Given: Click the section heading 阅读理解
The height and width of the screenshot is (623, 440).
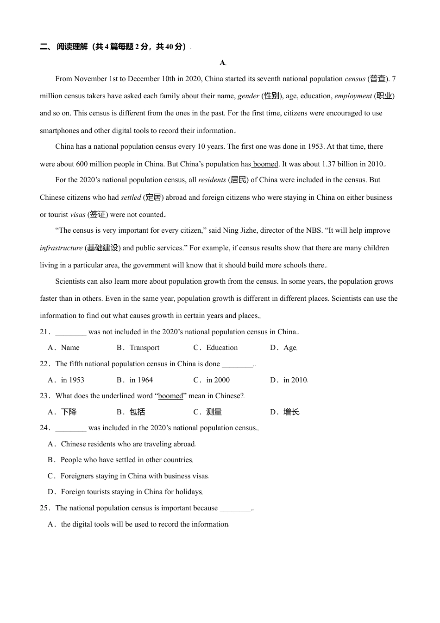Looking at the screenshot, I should pyautogui.click(x=72, y=46).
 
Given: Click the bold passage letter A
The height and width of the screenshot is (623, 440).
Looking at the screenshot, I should pyautogui.click(x=222, y=63).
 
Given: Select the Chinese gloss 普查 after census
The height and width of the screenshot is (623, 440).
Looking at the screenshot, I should pyautogui.click(x=377, y=79).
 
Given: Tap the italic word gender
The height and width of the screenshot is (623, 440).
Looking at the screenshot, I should pyautogui.click(x=248, y=96).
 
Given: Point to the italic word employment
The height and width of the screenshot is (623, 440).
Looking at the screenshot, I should pyautogui.click(x=353, y=96).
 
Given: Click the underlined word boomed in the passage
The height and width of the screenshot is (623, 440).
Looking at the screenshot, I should pyautogui.click(x=266, y=164).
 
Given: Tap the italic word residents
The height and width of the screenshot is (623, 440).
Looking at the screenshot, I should pyautogui.click(x=212, y=180).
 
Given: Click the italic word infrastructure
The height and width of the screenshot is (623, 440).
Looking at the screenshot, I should pyautogui.click(x=61, y=248).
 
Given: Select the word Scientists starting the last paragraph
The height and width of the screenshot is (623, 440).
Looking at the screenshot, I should pyautogui.click(x=70, y=281).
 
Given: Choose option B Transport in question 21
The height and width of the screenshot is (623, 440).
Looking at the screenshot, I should pyautogui.click(x=144, y=348).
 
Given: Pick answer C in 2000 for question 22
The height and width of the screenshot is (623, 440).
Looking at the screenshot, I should pyautogui.click(x=218, y=380).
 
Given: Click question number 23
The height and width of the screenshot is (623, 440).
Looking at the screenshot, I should pyautogui.click(x=44, y=396).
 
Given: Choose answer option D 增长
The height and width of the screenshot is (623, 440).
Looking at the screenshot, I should pyautogui.click(x=291, y=412).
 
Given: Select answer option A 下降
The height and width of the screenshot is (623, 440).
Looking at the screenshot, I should pyautogui.click(x=69, y=412).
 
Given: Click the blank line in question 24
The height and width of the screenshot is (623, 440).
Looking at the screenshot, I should pyautogui.click(x=70, y=428).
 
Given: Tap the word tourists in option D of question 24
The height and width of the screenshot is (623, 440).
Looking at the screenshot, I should pyautogui.click(x=101, y=492).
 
